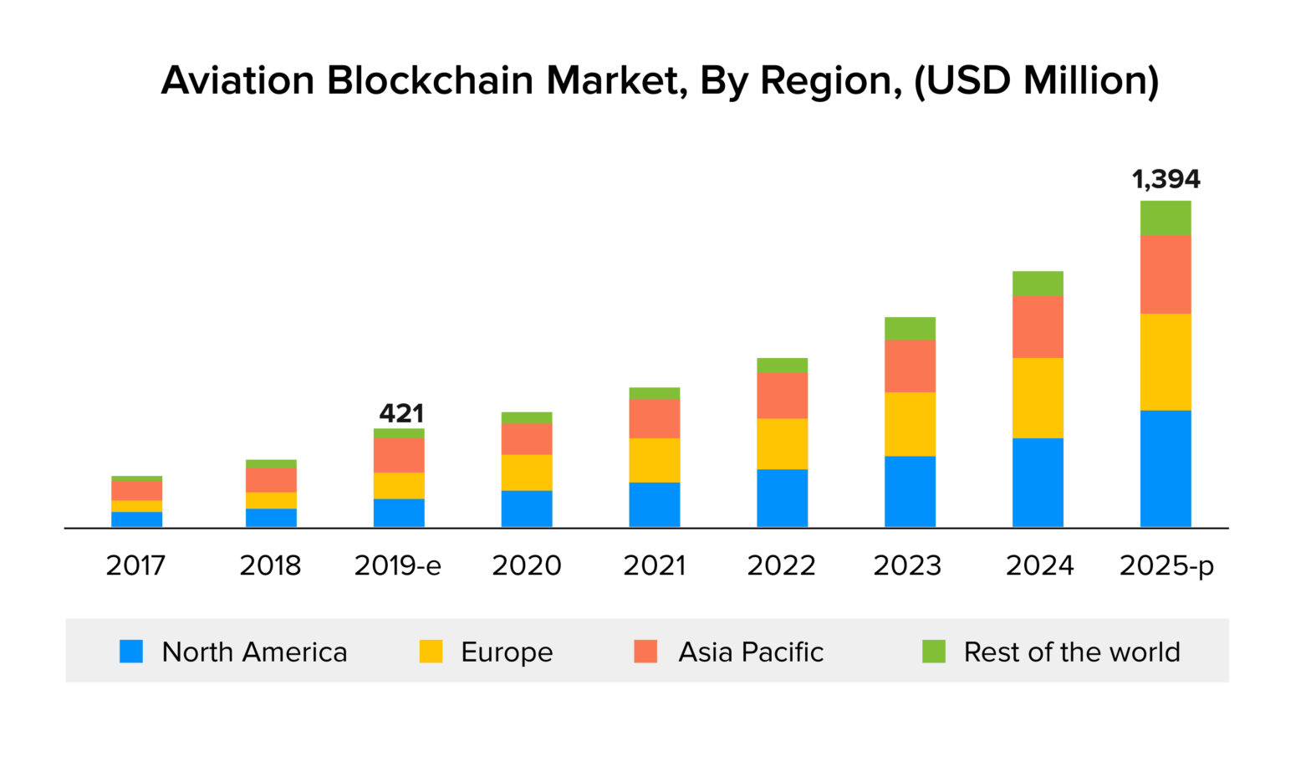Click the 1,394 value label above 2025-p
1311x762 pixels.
coord(1166,179)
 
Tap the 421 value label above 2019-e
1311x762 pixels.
coord(401,413)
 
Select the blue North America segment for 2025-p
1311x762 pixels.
coord(1166,468)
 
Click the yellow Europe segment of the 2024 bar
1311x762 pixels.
coord(1038,398)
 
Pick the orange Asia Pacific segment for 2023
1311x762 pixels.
coord(910,366)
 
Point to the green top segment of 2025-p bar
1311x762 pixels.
coord(1166,218)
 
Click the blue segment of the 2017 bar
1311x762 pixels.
coord(136,519)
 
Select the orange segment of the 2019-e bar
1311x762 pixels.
coord(399,455)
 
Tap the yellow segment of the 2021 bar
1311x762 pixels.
coord(655,460)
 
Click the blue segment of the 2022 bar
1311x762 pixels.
coord(783,498)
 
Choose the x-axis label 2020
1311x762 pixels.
coord(527,566)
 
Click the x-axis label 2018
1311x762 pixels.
coord(270,566)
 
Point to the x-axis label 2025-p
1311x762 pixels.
coord(1166,566)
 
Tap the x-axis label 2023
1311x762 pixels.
coord(907,566)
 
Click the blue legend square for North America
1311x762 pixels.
coord(131,652)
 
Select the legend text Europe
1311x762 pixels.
coord(507,652)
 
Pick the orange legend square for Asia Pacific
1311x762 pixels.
coord(645,652)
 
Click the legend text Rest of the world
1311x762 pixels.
coord(1072,652)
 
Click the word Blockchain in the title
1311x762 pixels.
coord(430,81)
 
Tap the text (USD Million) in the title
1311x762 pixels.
coord(1036,81)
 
